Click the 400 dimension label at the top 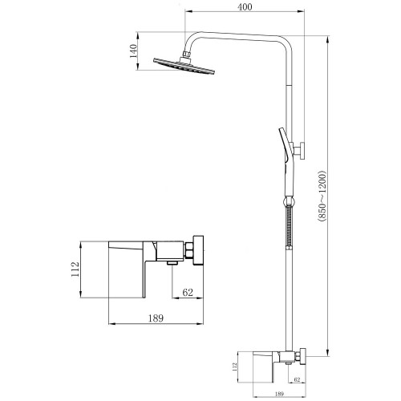click(x=245, y=7)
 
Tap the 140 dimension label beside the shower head click(x=133, y=51)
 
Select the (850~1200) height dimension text click(x=322, y=196)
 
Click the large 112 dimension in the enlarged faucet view click(x=75, y=269)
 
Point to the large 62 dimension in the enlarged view click(x=188, y=292)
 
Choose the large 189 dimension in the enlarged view click(x=156, y=318)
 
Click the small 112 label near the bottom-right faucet click(x=235, y=367)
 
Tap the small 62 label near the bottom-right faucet click(x=297, y=379)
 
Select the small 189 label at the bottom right click(x=279, y=394)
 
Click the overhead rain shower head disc click(x=184, y=66)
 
